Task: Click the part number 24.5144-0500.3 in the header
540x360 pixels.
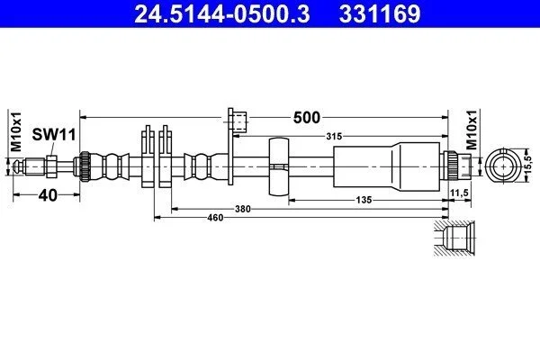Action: tap(222, 13)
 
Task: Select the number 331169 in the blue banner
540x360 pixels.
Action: tap(380, 13)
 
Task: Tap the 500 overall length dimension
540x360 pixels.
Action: tap(306, 118)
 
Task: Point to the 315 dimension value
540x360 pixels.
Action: tap(334, 137)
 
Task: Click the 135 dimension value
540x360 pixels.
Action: tap(364, 200)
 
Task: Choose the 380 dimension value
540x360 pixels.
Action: tap(242, 209)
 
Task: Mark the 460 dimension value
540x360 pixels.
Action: tap(215, 218)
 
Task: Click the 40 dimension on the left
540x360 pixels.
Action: tap(48, 195)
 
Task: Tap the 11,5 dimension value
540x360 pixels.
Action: tap(459, 193)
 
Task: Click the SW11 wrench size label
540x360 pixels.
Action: tap(54, 134)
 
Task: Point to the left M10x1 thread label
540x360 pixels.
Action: tap(16, 131)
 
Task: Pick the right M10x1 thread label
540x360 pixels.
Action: tap(472, 130)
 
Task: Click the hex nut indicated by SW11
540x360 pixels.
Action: tap(51, 166)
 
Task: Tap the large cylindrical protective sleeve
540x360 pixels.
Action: tap(387, 166)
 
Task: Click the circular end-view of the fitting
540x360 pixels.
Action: tap(504, 166)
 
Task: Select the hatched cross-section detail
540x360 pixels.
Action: tap(454, 238)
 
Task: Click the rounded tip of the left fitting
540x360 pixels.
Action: tap(16, 166)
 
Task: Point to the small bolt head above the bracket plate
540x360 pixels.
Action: tap(240, 121)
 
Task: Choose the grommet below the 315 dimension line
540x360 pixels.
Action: tap(279, 166)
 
